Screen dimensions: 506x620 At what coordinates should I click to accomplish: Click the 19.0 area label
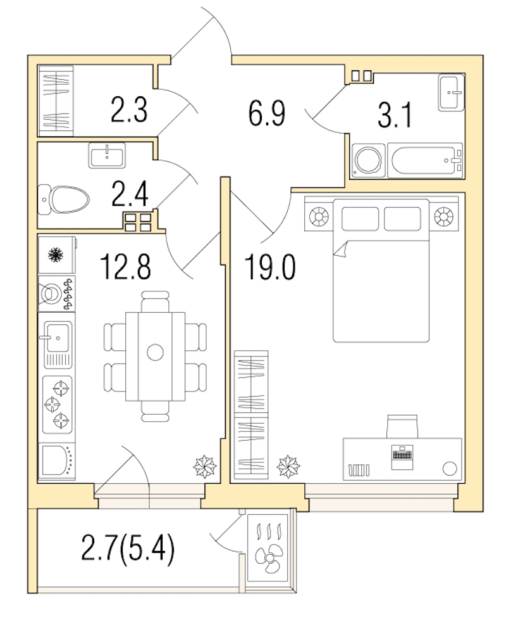[270, 267]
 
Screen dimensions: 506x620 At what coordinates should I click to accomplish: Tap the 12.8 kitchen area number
[125, 267]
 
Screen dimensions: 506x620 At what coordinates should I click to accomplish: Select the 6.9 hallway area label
[267, 113]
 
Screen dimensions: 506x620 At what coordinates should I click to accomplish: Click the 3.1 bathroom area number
[395, 115]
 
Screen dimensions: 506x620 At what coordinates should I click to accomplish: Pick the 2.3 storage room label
[129, 110]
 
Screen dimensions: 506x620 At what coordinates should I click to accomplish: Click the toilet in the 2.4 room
[64, 199]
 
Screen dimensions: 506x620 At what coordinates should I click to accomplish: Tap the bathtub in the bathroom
[424, 160]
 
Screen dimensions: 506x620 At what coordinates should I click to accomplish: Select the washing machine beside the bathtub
[368, 160]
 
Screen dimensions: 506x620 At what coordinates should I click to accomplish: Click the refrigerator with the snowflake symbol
[57, 255]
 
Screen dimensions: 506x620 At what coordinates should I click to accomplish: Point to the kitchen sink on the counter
[58, 343]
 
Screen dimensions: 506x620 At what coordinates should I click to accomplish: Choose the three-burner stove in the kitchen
[58, 404]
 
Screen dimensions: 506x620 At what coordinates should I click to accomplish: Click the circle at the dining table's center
[155, 352]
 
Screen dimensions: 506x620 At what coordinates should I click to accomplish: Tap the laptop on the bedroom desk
[402, 457]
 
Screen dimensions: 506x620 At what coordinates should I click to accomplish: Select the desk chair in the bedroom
[402, 426]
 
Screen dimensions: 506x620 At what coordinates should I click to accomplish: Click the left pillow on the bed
[361, 218]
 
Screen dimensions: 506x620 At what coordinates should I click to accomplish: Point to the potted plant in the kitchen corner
[204, 467]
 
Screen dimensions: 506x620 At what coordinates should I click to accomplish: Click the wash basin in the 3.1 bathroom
[451, 93]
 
